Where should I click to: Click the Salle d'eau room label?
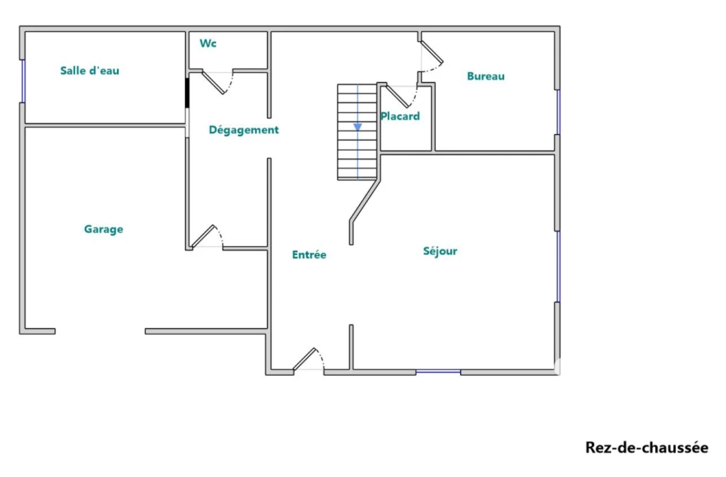tap(90, 71)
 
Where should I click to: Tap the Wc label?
tap(208, 43)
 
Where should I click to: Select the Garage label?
tap(104, 229)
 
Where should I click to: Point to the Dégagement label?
tap(244, 130)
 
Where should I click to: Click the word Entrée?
tap(309, 254)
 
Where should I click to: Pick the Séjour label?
tap(440, 251)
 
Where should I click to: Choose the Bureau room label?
tap(486, 77)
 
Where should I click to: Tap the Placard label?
tap(400, 116)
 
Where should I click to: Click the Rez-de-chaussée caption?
tap(647, 447)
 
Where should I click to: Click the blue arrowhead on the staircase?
tap(357, 127)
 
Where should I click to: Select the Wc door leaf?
tap(213, 82)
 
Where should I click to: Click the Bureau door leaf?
tap(432, 52)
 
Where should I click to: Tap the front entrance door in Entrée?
tap(305, 359)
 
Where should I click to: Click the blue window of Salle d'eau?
tap(23, 81)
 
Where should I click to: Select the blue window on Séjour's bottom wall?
tap(438, 371)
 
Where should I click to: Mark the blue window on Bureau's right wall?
tap(558, 112)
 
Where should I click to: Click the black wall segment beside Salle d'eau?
tap(187, 93)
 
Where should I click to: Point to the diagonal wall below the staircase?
tap(365, 202)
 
